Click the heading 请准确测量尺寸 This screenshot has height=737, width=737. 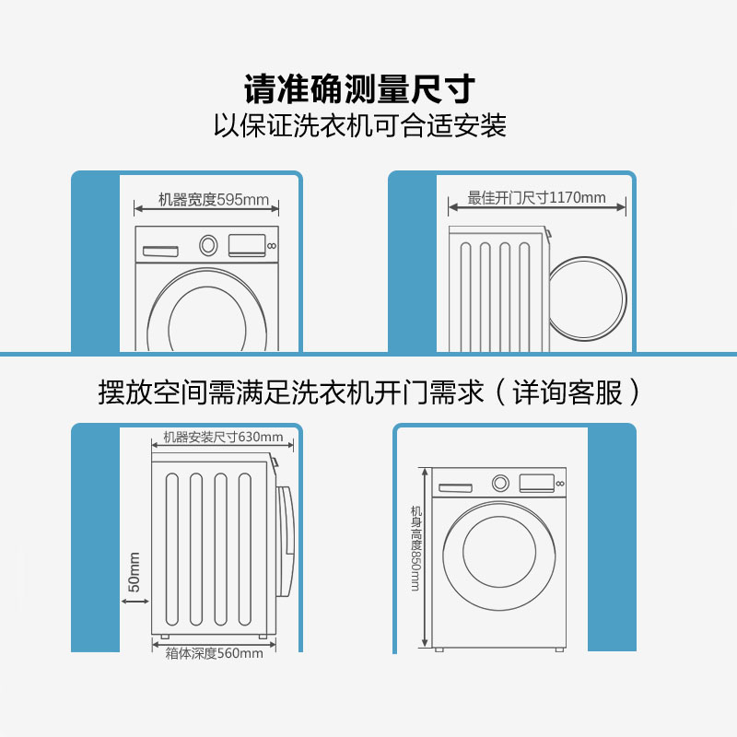[359, 88]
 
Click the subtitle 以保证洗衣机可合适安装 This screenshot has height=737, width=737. [360, 125]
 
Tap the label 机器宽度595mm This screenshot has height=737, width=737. [214, 199]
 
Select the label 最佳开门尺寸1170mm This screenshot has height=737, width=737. [536, 197]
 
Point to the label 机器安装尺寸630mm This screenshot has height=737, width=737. [223, 437]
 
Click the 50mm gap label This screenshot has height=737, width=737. [134, 572]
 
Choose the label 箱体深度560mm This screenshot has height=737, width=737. [214, 653]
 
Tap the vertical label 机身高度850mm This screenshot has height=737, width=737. [416, 548]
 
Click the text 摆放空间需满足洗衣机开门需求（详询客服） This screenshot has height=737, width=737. [369, 392]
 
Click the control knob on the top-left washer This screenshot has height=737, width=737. [208, 245]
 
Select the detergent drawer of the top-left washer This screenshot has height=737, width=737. [160, 252]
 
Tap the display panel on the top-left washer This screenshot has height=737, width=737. [247, 245]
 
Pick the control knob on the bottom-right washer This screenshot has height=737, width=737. [500, 483]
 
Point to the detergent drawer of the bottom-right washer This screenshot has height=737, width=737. [455, 488]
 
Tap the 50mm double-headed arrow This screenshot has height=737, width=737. [135, 601]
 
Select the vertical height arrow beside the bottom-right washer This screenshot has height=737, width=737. [425, 558]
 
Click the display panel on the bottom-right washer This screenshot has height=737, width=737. [537, 483]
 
